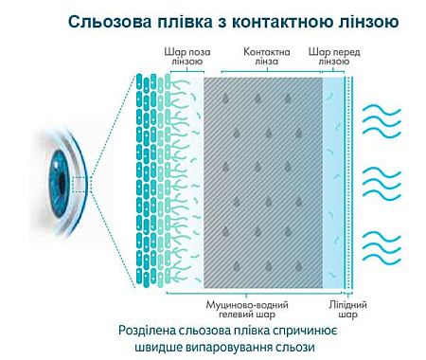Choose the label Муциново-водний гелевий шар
(247, 309)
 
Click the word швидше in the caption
(173, 349)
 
